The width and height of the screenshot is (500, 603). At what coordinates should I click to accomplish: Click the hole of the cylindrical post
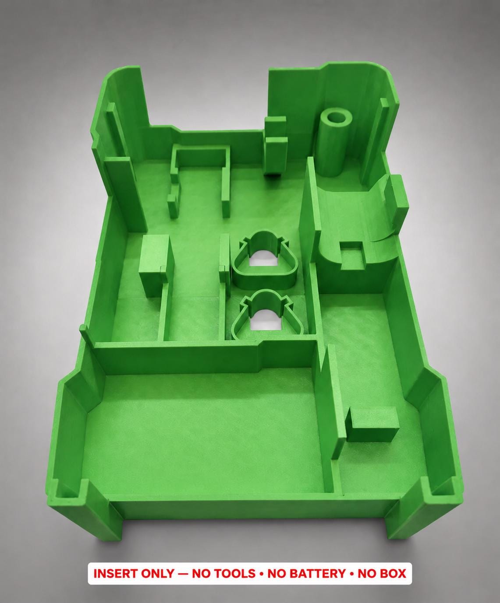point(337,119)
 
